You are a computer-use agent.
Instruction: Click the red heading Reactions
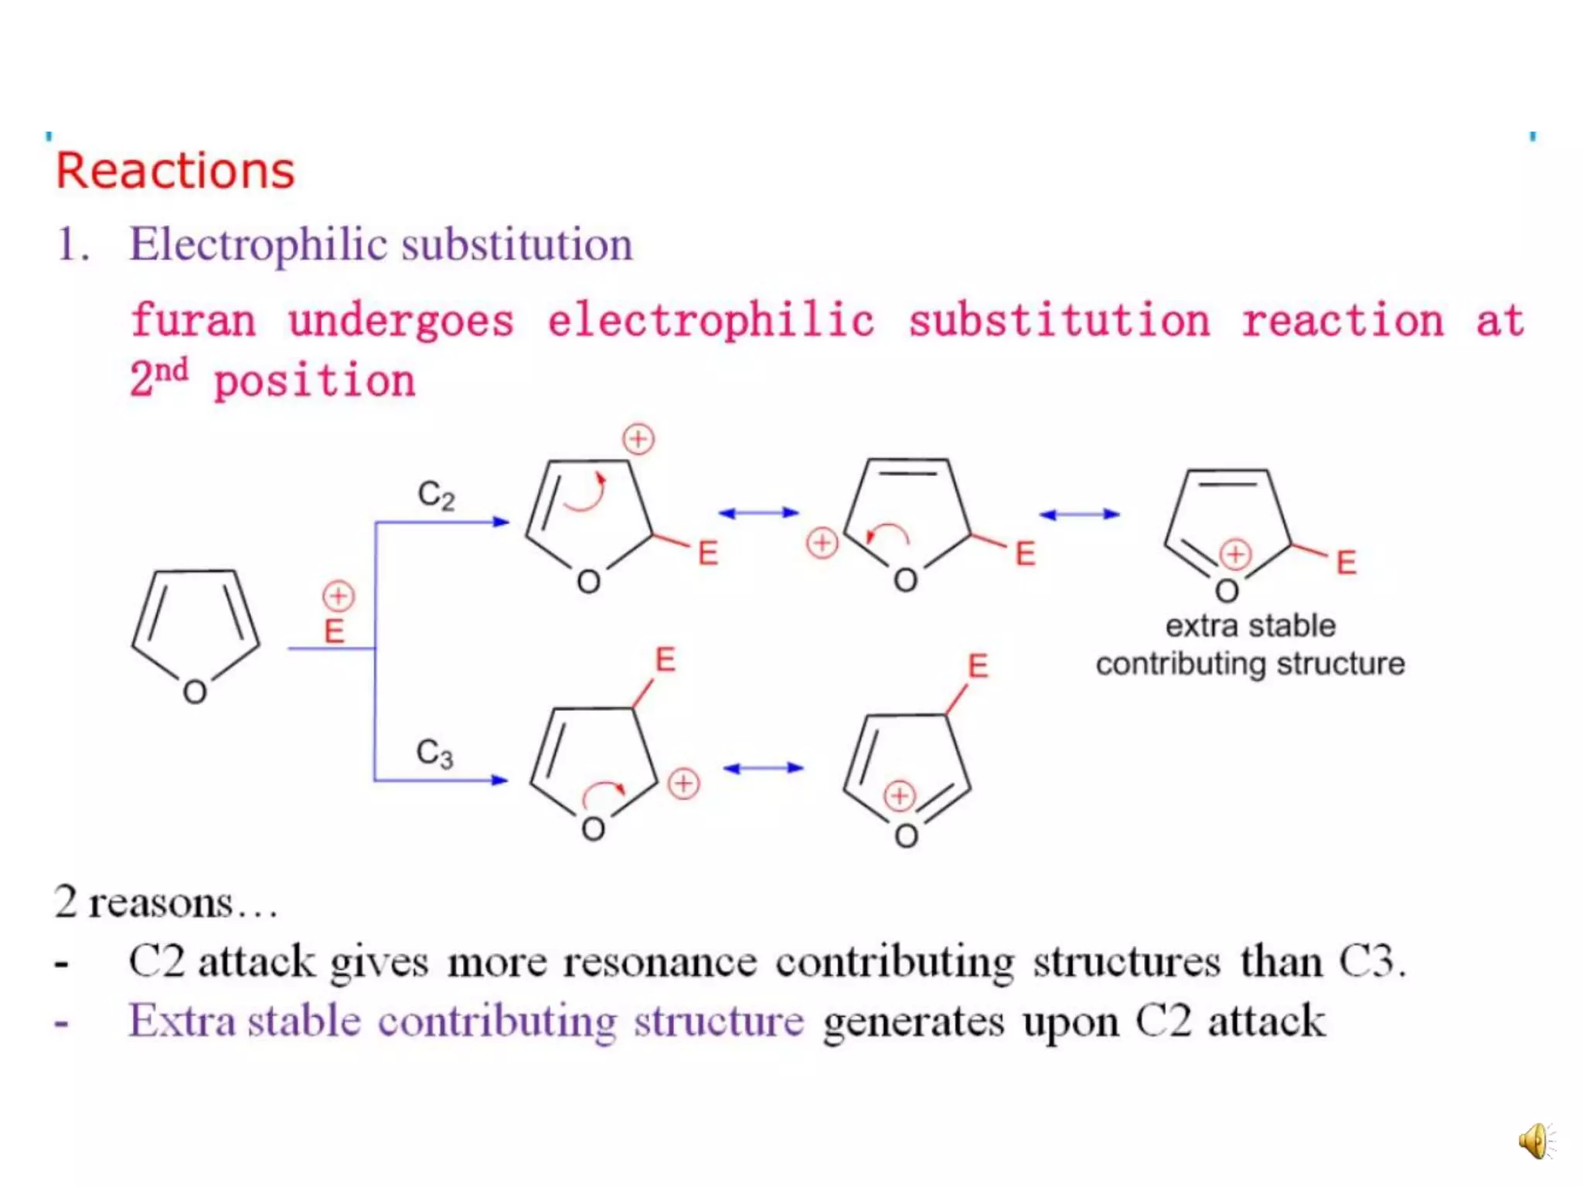[x=175, y=171]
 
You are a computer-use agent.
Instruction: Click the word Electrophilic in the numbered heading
[x=258, y=245]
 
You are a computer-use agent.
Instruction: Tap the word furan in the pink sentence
[x=193, y=321]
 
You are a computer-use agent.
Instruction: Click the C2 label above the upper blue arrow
[x=436, y=495]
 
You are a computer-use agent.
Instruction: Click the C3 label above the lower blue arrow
[x=434, y=753]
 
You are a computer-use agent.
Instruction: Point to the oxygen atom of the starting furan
[x=195, y=692]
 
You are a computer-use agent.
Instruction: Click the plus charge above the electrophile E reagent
[x=338, y=596]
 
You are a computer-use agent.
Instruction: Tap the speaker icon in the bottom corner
[x=1535, y=1141]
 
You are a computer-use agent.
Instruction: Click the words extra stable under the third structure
[x=1250, y=626]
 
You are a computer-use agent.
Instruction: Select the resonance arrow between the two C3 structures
[x=763, y=767]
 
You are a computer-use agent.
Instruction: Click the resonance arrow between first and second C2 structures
[x=758, y=512]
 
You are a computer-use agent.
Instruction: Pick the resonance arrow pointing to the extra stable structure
[x=1079, y=514]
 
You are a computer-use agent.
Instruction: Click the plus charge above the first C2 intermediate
[x=638, y=439]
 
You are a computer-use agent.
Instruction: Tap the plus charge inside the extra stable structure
[x=1235, y=554]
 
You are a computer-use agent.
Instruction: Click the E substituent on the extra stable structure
[x=1346, y=563]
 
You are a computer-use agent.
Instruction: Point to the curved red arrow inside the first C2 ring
[x=586, y=493]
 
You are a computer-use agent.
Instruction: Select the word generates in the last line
[x=914, y=1022]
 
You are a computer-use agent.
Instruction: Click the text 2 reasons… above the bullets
[x=165, y=903]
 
